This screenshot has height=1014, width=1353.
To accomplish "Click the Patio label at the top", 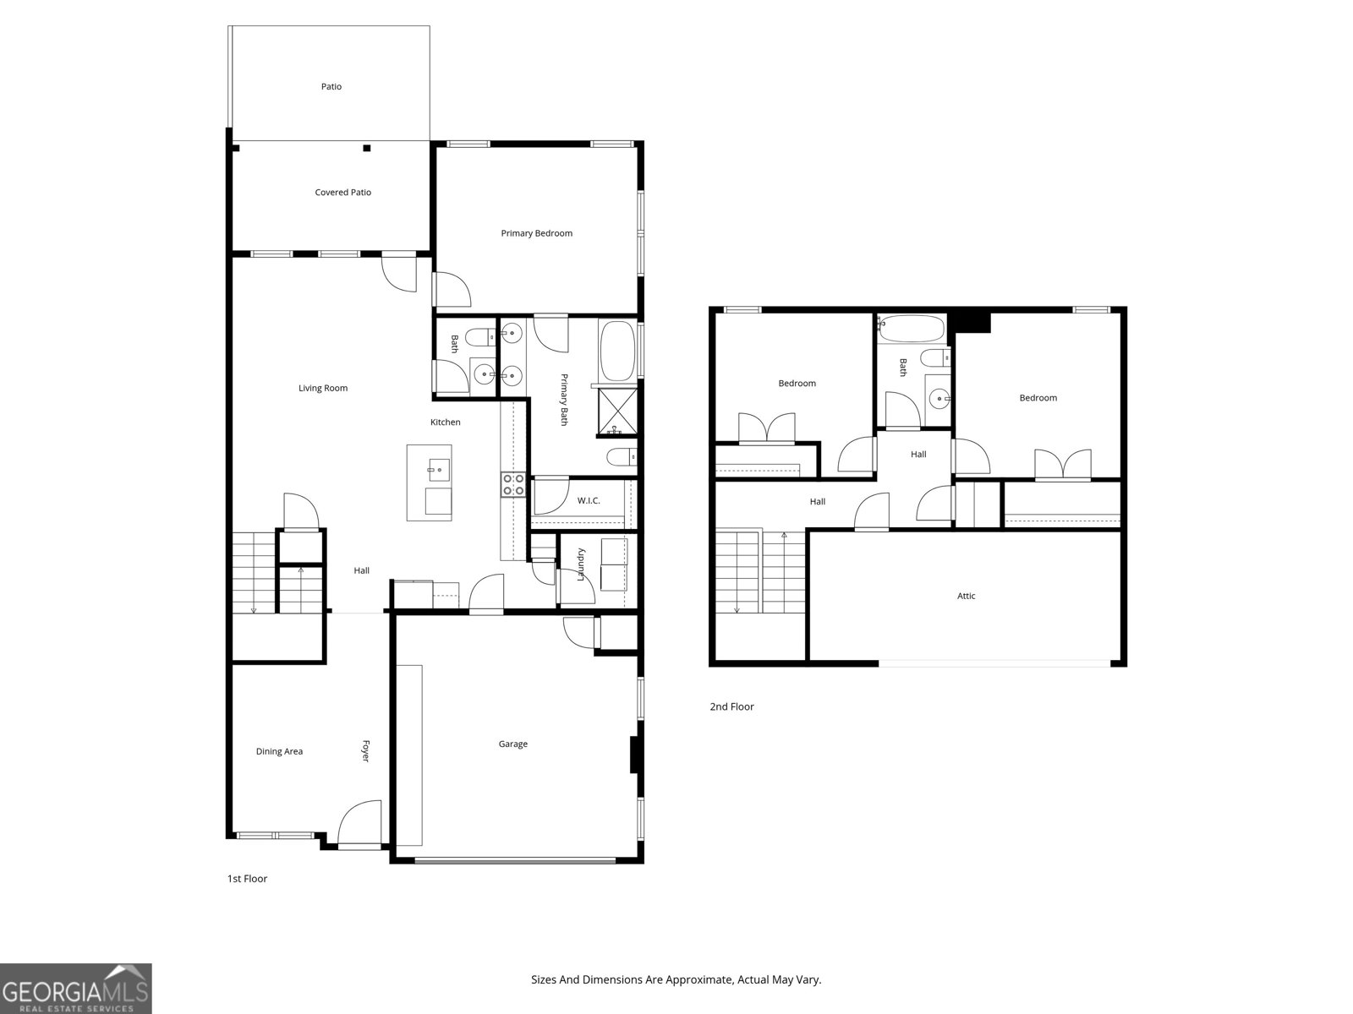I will (331, 86).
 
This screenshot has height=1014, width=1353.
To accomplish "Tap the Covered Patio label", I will (342, 193).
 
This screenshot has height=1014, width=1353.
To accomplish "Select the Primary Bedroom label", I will (536, 233).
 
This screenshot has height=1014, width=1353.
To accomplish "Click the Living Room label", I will (323, 389).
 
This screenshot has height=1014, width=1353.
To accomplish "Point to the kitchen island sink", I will (439, 468).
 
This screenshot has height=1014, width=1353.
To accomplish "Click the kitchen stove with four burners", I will (513, 485).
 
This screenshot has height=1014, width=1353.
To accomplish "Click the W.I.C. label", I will (589, 501).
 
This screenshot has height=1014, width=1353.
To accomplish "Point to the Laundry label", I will (581, 564).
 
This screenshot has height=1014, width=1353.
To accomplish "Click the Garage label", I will (512, 744).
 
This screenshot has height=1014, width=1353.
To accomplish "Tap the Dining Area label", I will (279, 752).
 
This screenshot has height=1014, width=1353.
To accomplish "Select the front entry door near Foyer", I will (359, 825).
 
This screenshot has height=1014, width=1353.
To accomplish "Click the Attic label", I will (966, 597).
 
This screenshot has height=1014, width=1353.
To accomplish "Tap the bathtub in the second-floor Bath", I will (911, 328).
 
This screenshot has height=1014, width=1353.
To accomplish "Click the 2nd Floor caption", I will (731, 707).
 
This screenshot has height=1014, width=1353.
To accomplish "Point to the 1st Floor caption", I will (247, 879).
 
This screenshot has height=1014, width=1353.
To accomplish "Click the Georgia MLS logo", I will (76, 989).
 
